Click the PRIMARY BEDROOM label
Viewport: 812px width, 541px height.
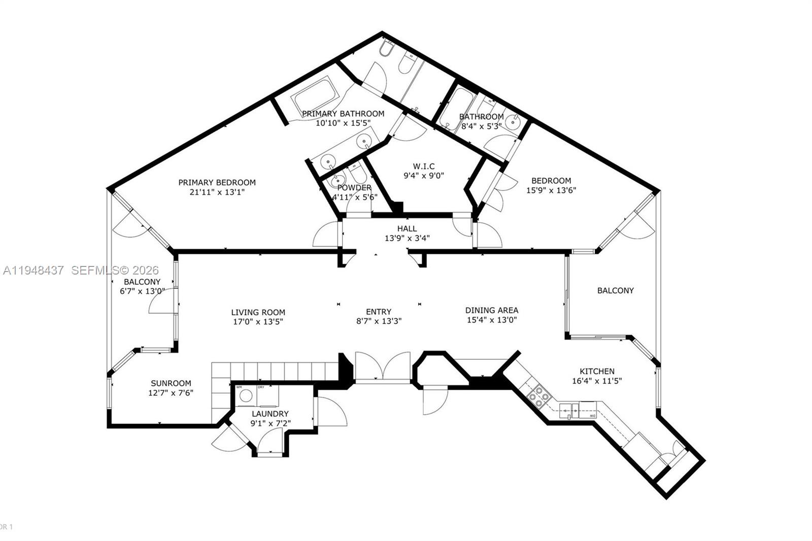217,182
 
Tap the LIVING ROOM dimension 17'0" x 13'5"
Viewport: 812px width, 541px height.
258,322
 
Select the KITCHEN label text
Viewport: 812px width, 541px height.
597,371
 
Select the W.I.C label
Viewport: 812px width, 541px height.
423,166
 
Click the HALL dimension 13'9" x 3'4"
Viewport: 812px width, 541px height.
407,238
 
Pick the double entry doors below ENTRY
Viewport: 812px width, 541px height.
383,366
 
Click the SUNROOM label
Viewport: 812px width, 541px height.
171,384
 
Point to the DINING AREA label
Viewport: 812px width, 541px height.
492,310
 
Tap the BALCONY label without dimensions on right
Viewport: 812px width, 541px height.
615,291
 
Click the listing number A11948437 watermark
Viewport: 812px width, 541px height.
33,271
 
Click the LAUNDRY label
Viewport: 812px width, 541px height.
270,414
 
